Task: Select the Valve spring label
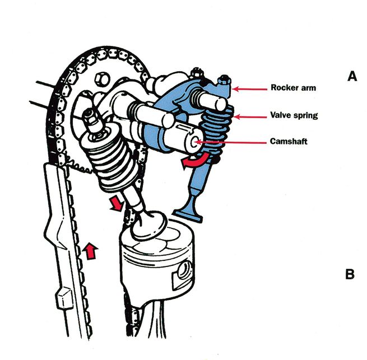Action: (294, 116)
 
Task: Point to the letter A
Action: (351, 77)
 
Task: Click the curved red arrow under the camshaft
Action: (192, 162)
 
